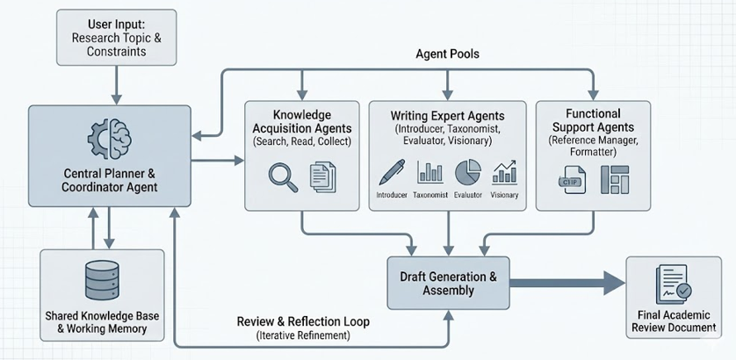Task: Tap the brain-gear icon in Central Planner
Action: tap(110, 140)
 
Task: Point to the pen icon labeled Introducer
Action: tap(392, 171)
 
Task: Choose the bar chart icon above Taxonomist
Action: tap(430, 172)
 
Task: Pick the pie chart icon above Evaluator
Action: tap(469, 171)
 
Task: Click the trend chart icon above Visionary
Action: tap(506, 171)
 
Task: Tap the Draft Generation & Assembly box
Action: tap(448, 283)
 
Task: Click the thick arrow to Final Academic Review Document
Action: tap(566, 283)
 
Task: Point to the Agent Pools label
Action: tap(447, 54)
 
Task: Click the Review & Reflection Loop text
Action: tap(303, 321)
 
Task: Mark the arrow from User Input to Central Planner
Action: tap(115, 84)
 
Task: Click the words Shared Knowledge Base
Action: tap(103, 315)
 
